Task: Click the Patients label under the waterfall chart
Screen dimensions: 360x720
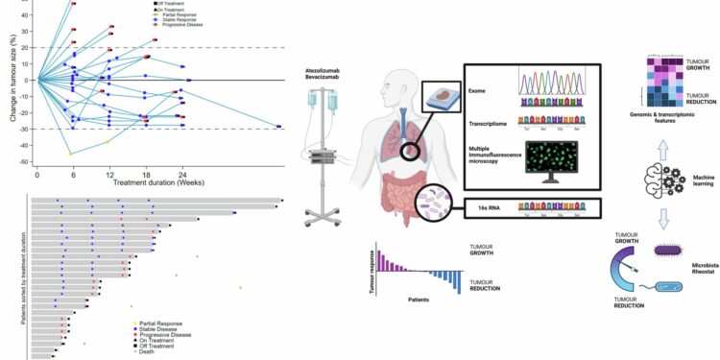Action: [x=415, y=299]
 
